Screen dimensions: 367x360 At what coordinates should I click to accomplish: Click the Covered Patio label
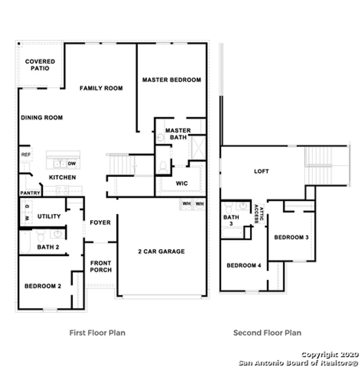coord(40,65)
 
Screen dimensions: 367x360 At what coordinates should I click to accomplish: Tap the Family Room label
coord(101,88)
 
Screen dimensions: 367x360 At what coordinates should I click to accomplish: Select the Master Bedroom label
coord(172,80)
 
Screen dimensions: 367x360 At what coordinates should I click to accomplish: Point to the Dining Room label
coord(41,117)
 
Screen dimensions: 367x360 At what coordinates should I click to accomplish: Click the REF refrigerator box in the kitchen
coord(26,155)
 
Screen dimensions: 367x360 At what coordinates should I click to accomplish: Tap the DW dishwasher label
coord(72,164)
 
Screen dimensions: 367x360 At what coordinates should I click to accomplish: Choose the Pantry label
coord(30,193)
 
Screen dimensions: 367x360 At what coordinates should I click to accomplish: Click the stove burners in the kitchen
coord(63,190)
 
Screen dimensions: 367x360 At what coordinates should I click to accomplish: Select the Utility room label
coord(49,216)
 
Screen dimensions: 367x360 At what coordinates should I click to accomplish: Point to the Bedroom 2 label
coord(43,286)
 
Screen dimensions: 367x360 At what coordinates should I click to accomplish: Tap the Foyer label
coord(100,223)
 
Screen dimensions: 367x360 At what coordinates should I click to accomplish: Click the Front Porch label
coord(101,266)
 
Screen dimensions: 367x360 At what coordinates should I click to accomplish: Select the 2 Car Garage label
coord(161,251)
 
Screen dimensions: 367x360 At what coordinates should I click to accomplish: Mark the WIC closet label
coord(182,183)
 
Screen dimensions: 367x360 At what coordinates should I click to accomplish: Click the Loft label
coord(261,171)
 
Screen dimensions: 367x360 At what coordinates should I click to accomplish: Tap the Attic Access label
coord(259,214)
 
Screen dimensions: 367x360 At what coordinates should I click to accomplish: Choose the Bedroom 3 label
coord(291,237)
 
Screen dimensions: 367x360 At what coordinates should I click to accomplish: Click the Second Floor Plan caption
coord(267,333)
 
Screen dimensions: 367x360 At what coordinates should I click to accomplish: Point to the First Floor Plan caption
coord(97,333)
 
